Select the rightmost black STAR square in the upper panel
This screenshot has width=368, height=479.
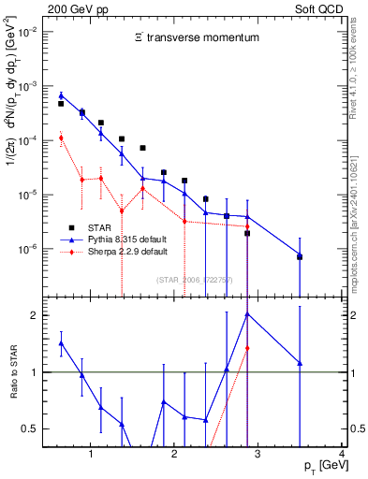click(x=300, y=256)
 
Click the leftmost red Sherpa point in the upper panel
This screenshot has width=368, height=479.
click(x=61, y=138)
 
